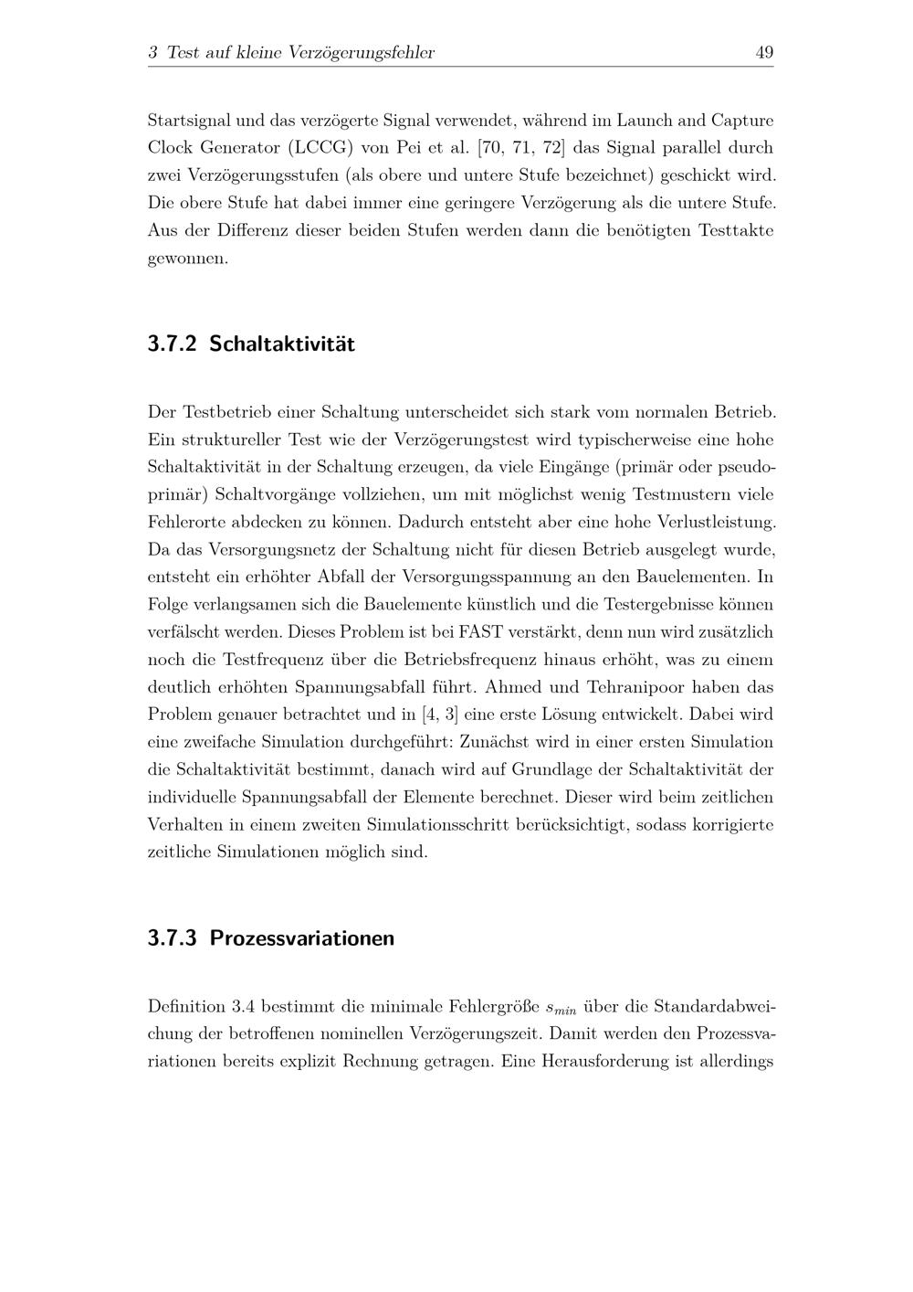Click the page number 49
(x=764, y=53)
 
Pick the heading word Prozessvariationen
(x=302, y=938)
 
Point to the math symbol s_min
(x=561, y=1009)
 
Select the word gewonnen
(x=187, y=259)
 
